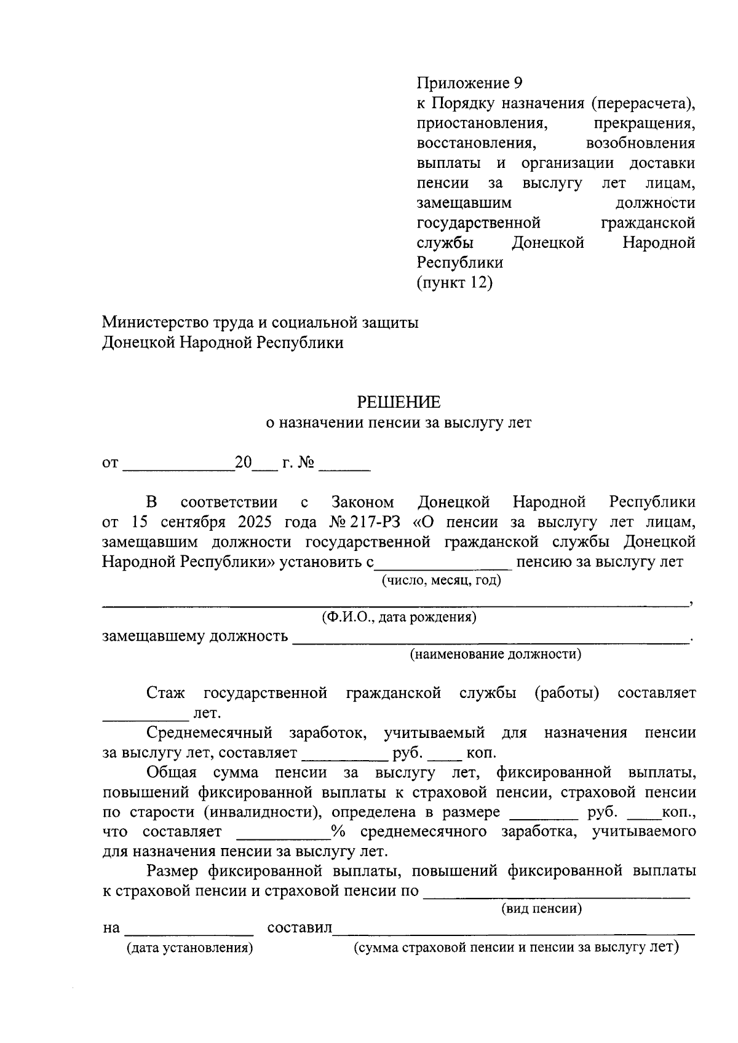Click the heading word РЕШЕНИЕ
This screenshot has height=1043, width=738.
coord(399,403)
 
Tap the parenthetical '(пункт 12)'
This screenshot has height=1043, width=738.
coord(454,283)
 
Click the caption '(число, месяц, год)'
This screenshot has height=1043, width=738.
coord(441,580)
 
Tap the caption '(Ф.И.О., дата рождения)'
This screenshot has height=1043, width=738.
coord(399,617)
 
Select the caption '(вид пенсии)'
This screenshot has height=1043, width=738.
coord(541,908)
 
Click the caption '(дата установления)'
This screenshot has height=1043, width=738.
coord(190,948)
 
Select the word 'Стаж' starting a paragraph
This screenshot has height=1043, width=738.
coord(165,694)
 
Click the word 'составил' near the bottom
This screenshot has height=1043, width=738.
coord(300,928)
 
